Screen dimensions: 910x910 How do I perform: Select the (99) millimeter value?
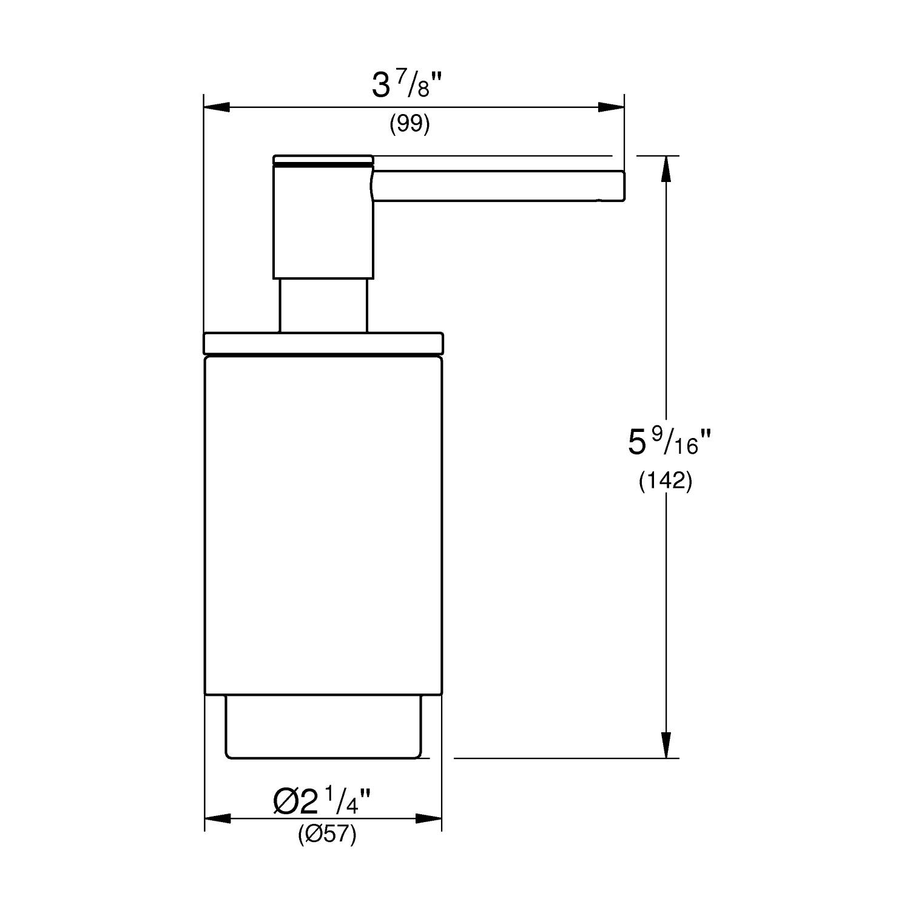tap(409, 124)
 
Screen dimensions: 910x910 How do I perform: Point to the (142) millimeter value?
tap(666, 481)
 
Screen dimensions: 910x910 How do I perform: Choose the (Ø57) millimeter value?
tap(327, 835)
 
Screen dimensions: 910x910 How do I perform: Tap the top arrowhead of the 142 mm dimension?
tap(666, 169)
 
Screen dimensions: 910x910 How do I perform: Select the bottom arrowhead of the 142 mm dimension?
tap(666, 745)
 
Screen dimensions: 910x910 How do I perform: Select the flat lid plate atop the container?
tap(323, 343)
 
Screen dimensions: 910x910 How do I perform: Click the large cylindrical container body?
tap(323, 525)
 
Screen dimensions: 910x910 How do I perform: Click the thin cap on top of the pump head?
tap(323, 159)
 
